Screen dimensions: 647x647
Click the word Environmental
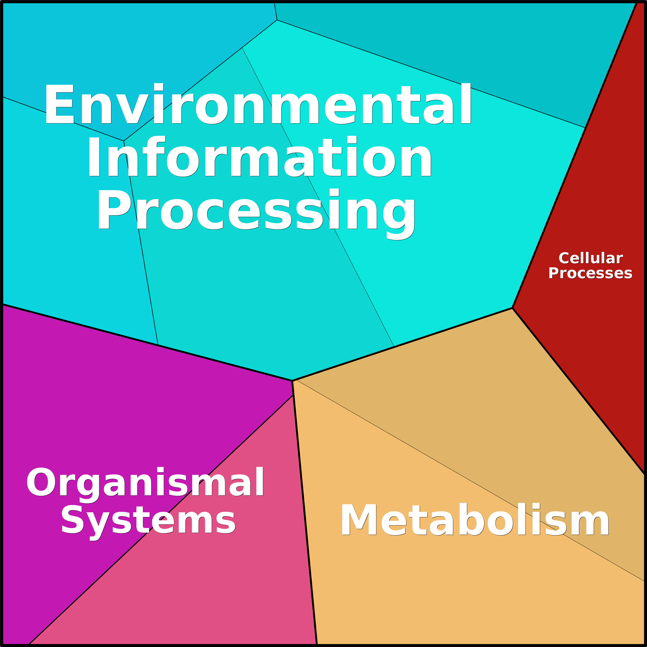258,104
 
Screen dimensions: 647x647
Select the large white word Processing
256,214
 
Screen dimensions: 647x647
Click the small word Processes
590,273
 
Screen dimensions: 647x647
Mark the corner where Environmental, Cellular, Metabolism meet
512,308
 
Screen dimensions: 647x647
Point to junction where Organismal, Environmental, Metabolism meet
292,381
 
